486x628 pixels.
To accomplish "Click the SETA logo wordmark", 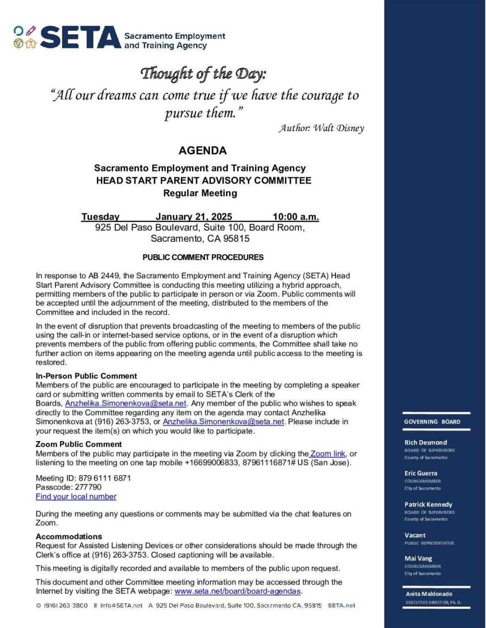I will [x=80, y=38].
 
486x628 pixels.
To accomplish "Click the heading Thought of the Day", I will [x=203, y=74].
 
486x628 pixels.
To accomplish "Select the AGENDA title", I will [x=203, y=151].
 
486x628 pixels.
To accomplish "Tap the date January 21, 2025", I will [x=194, y=217].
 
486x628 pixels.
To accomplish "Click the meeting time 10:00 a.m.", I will [x=295, y=217].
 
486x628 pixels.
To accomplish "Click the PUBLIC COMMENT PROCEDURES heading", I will [x=203, y=258].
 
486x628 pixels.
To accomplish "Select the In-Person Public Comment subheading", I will [x=86, y=376].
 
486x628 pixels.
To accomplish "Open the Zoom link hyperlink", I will [x=327, y=454].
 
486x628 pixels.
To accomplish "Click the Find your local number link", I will [x=76, y=496].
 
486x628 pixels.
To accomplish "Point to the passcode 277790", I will [x=88, y=487].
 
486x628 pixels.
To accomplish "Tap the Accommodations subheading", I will [x=69, y=536].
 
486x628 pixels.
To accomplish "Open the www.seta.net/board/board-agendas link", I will [x=238, y=591].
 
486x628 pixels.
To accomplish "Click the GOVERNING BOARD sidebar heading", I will [x=432, y=422].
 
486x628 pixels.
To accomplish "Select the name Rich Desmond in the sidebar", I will [x=426, y=442].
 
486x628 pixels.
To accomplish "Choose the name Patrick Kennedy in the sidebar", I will [x=428, y=504].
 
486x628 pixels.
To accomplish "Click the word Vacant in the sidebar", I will [x=415, y=535].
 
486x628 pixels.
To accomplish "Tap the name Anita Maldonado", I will [x=429, y=594].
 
